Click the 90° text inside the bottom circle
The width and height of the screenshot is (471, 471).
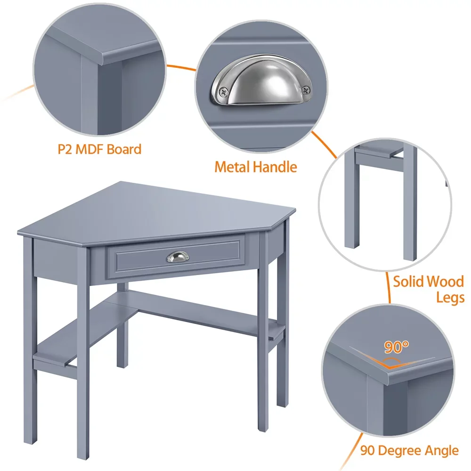pyautogui.click(x=396, y=348)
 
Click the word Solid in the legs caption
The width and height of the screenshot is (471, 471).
pyautogui.click(x=408, y=282)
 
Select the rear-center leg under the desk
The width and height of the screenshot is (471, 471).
pyautogui.click(x=122, y=330)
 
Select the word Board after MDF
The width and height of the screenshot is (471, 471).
pyautogui.click(x=124, y=150)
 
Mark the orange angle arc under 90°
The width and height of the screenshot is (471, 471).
pyautogui.click(x=396, y=363)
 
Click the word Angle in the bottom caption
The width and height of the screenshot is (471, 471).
pyautogui.click(x=441, y=450)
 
